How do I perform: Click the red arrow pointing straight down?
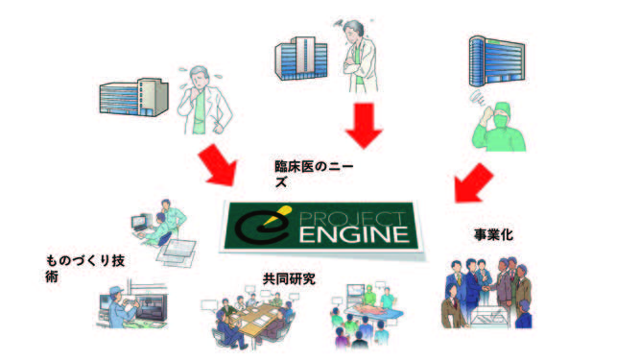pyautogui.click(x=364, y=125)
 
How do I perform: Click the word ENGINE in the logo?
pyautogui.click(x=355, y=235)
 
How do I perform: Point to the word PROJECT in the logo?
pyautogui.click(x=353, y=218)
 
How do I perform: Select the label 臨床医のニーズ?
pyautogui.click(x=314, y=174)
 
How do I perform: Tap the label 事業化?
pyautogui.click(x=493, y=234)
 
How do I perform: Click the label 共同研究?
pyautogui.click(x=289, y=278)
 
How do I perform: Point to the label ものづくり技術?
pyautogui.click(x=85, y=268)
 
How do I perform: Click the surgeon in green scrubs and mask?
pyautogui.click(x=498, y=127)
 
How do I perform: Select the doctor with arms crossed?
pyautogui.click(x=359, y=57)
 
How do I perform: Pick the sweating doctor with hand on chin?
pyautogui.click(x=205, y=101)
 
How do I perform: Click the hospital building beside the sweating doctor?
pyautogui.click(x=134, y=97)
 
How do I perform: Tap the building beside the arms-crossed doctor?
pyautogui.click(x=301, y=58)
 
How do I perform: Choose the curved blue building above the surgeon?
pyautogui.click(x=497, y=61)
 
